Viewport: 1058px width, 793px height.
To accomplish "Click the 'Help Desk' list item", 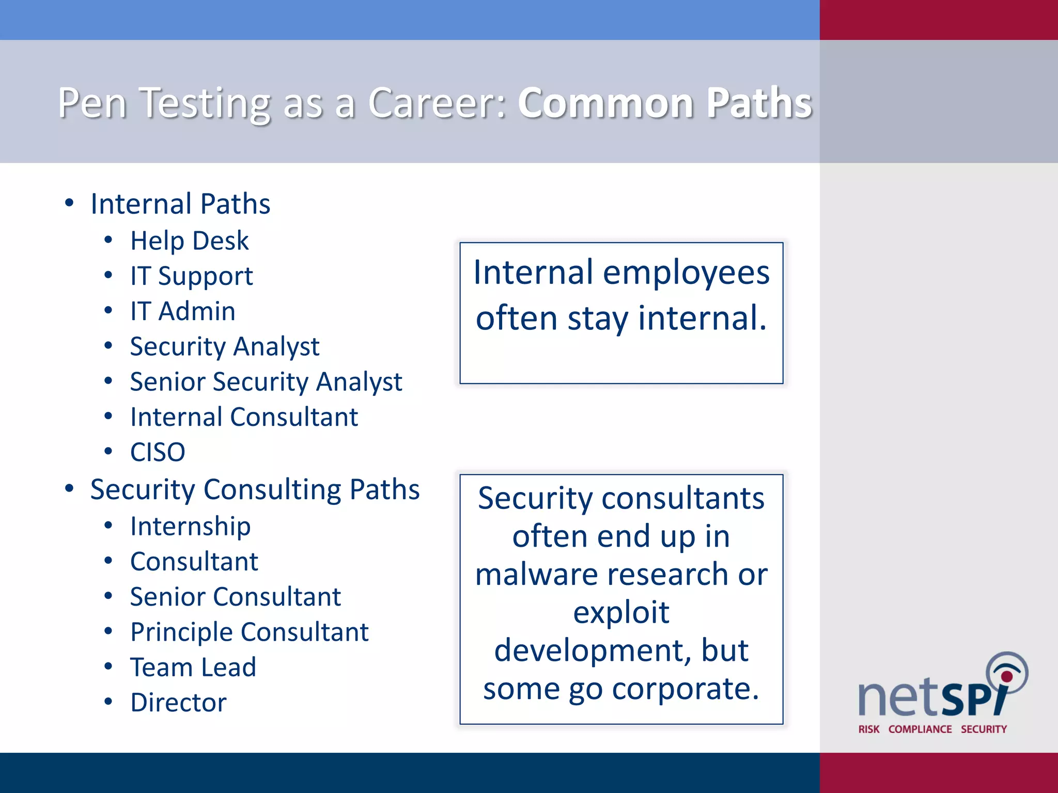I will click(189, 241).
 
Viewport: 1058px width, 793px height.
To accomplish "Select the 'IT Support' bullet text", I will click(191, 276).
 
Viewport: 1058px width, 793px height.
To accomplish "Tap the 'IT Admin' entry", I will click(182, 311).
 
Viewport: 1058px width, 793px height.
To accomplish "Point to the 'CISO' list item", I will click(158, 452).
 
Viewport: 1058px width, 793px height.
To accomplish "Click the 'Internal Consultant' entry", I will click(244, 417).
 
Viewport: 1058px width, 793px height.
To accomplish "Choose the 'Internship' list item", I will click(190, 527).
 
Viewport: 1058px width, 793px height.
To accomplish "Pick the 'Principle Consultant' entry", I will click(249, 632).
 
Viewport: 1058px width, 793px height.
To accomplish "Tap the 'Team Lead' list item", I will click(193, 667).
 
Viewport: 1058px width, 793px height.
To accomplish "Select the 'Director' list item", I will click(178, 703).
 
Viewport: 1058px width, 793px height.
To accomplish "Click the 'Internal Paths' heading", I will click(180, 204).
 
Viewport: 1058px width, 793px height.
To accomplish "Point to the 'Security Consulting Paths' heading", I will click(255, 489).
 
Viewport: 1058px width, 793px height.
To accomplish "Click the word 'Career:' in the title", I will click(437, 103).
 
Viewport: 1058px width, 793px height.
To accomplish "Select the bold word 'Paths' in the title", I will click(759, 103).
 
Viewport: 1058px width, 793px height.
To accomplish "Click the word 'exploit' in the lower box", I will click(621, 613).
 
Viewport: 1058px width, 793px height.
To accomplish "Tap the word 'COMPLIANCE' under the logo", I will click(920, 729).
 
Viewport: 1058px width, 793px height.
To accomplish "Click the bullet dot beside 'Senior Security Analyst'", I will click(108, 382).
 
